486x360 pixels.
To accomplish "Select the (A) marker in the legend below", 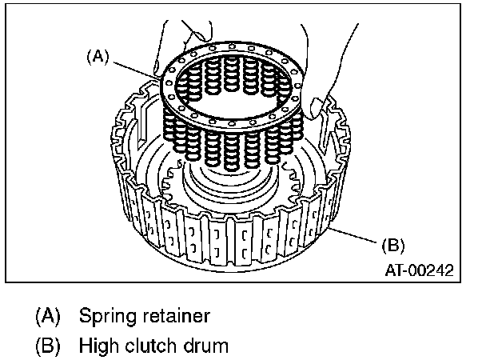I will pos(49,315).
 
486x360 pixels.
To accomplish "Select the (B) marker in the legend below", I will pos(49,346).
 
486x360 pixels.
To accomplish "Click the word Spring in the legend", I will pos(104,315).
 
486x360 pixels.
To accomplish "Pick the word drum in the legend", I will pos(205,346).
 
